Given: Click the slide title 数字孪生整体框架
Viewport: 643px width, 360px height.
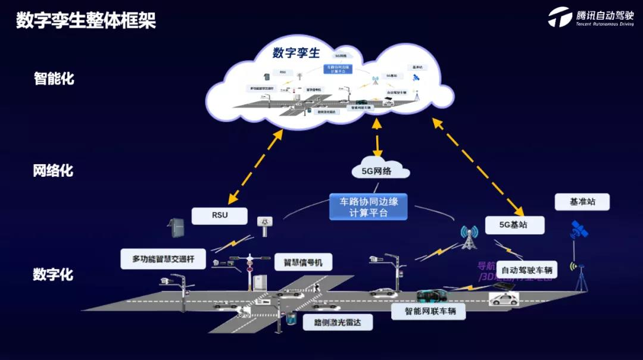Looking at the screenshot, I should click(x=86, y=21).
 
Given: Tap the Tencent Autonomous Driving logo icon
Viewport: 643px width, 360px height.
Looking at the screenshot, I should click(x=560, y=17).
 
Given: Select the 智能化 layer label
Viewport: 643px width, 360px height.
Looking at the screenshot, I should click(x=54, y=78).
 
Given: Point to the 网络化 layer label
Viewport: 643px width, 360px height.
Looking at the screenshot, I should click(x=53, y=171).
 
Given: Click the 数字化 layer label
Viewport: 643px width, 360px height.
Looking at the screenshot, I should click(x=53, y=274).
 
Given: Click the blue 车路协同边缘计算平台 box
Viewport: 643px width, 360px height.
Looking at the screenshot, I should click(x=369, y=206).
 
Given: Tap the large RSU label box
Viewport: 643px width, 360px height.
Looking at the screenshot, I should click(x=219, y=215).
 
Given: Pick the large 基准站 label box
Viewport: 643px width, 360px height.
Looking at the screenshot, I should click(x=582, y=202).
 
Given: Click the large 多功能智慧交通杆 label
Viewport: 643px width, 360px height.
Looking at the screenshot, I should click(x=168, y=259).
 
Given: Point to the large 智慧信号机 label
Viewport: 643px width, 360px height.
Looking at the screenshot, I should click(x=303, y=262).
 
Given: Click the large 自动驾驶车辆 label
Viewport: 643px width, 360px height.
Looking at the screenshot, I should click(x=524, y=270).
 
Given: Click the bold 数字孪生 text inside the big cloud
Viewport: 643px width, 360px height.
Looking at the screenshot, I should click(x=296, y=53).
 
